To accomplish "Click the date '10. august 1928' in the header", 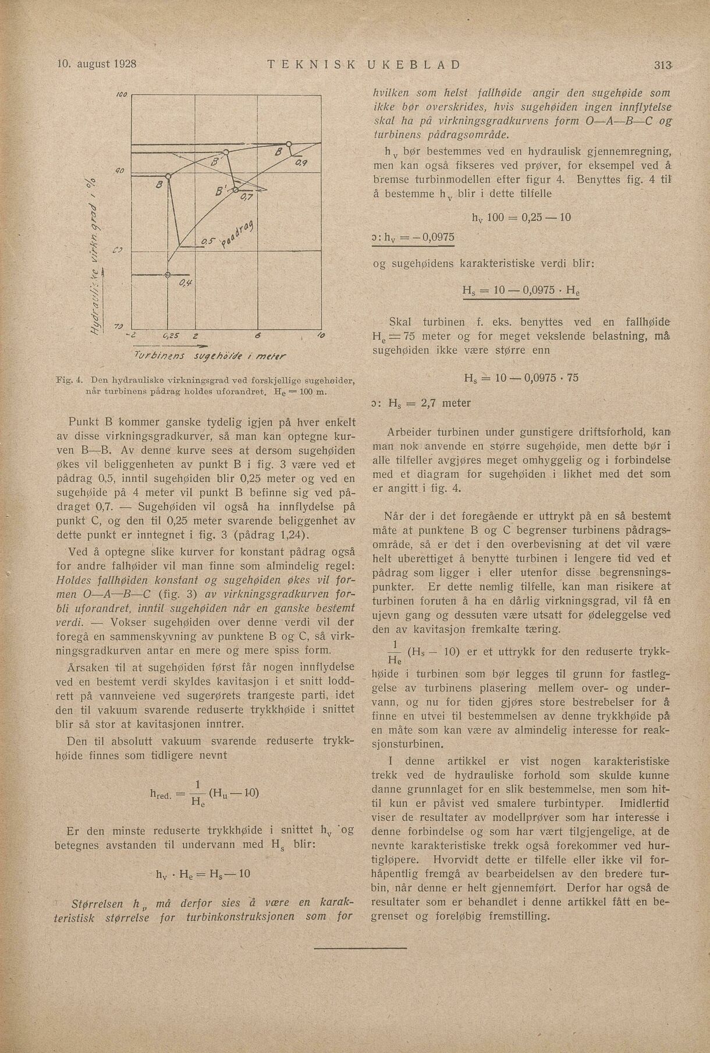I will click(x=96, y=63).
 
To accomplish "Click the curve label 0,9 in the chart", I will click(x=301, y=164).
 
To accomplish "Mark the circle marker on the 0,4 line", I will click(x=168, y=275).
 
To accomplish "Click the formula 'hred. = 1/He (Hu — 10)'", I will click(x=204, y=795).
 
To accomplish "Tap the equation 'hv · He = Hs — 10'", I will click(x=203, y=874).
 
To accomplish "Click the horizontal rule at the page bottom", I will click(x=354, y=965).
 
